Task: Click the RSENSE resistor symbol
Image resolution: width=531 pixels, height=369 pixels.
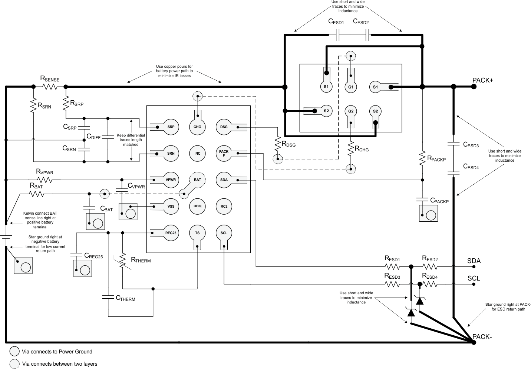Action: pos(50,87)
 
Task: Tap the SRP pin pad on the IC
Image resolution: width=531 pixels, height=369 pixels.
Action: pos(171,127)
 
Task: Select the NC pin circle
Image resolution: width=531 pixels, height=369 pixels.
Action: pos(197,153)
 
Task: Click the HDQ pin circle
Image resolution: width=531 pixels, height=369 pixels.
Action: pos(197,206)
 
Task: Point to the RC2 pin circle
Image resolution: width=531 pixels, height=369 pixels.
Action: pos(224,206)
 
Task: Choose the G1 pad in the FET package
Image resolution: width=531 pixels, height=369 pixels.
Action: pos(350,87)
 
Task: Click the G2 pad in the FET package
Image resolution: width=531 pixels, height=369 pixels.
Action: pos(350,111)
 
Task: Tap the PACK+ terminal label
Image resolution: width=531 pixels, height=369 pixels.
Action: pos(482,80)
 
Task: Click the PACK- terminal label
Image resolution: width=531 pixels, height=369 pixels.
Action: pos(482,337)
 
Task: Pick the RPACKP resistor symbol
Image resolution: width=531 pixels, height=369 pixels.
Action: pos(422,158)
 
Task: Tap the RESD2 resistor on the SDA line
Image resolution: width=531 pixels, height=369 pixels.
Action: pos(430,266)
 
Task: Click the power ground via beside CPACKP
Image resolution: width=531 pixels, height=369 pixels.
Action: pos(431,215)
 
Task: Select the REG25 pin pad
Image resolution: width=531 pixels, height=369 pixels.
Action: pos(171,233)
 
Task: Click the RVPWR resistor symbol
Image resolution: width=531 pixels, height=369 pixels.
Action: pos(44,180)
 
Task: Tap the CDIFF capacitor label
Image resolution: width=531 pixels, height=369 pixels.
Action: pos(93,137)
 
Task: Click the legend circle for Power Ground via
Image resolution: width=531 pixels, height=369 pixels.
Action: pos(14,352)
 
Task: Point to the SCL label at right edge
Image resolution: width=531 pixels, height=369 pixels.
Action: pos(474,278)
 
